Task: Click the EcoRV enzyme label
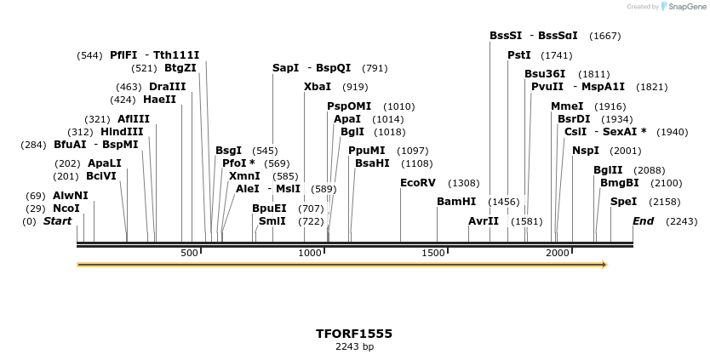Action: [417, 183]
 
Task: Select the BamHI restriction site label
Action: [456, 202]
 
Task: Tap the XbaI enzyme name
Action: [318, 87]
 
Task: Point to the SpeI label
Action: [623, 202]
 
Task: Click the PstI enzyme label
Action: [519, 55]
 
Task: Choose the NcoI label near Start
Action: [66, 209]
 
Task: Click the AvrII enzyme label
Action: [484, 221]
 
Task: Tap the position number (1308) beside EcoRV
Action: [464, 183]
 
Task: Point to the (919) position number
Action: [355, 87]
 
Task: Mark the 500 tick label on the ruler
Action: [189, 254]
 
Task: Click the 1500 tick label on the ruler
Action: [435, 254]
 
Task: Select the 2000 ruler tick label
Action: [558, 254]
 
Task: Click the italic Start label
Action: [58, 221]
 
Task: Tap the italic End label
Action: [644, 221]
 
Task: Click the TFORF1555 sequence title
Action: [354, 333]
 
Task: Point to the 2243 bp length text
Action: [354, 346]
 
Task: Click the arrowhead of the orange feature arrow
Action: [604, 265]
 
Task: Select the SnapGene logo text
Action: [688, 7]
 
